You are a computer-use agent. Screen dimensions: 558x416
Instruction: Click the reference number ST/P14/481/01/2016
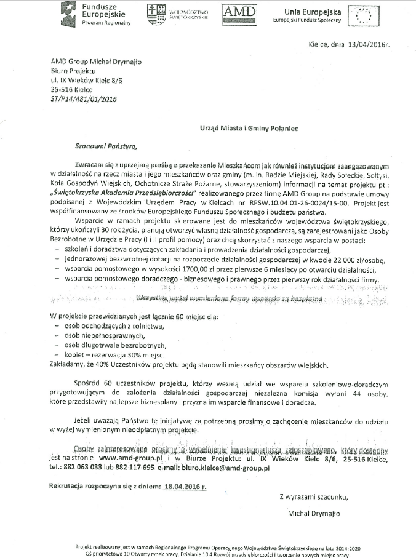tap(84, 98)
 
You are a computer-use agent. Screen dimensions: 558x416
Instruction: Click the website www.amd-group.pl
tap(130, 458)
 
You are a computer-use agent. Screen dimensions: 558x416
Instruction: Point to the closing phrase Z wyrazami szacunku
tap(314, 496)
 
